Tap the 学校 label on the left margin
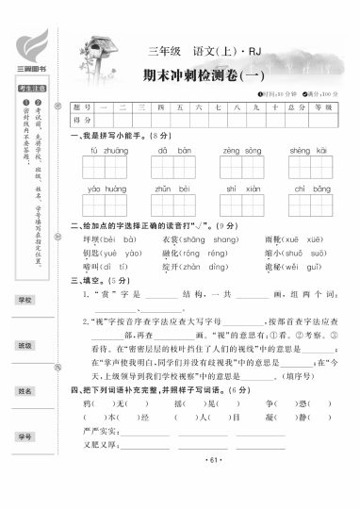25,299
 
